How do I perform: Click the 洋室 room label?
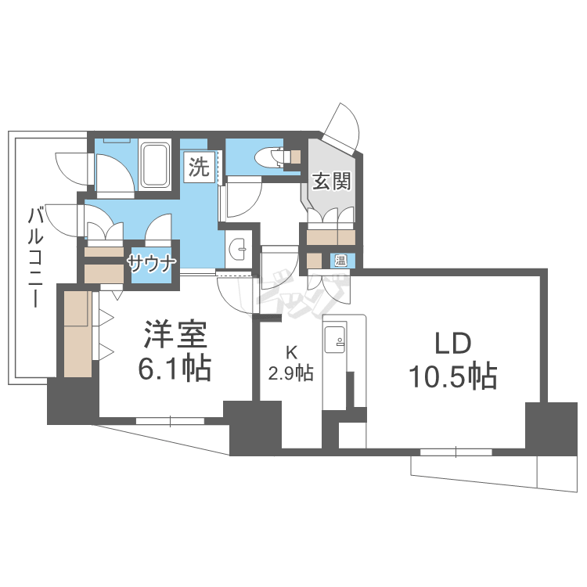point(174,335)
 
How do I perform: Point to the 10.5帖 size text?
point(452,378)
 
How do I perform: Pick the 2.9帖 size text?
point(291,374)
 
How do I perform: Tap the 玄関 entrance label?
point(332,181)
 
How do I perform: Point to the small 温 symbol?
point(341,261)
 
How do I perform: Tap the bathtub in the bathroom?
point(157,164)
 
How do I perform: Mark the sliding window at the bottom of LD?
point(456,452)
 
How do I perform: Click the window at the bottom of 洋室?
point(170,420)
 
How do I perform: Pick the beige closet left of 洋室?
point(77,333)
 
